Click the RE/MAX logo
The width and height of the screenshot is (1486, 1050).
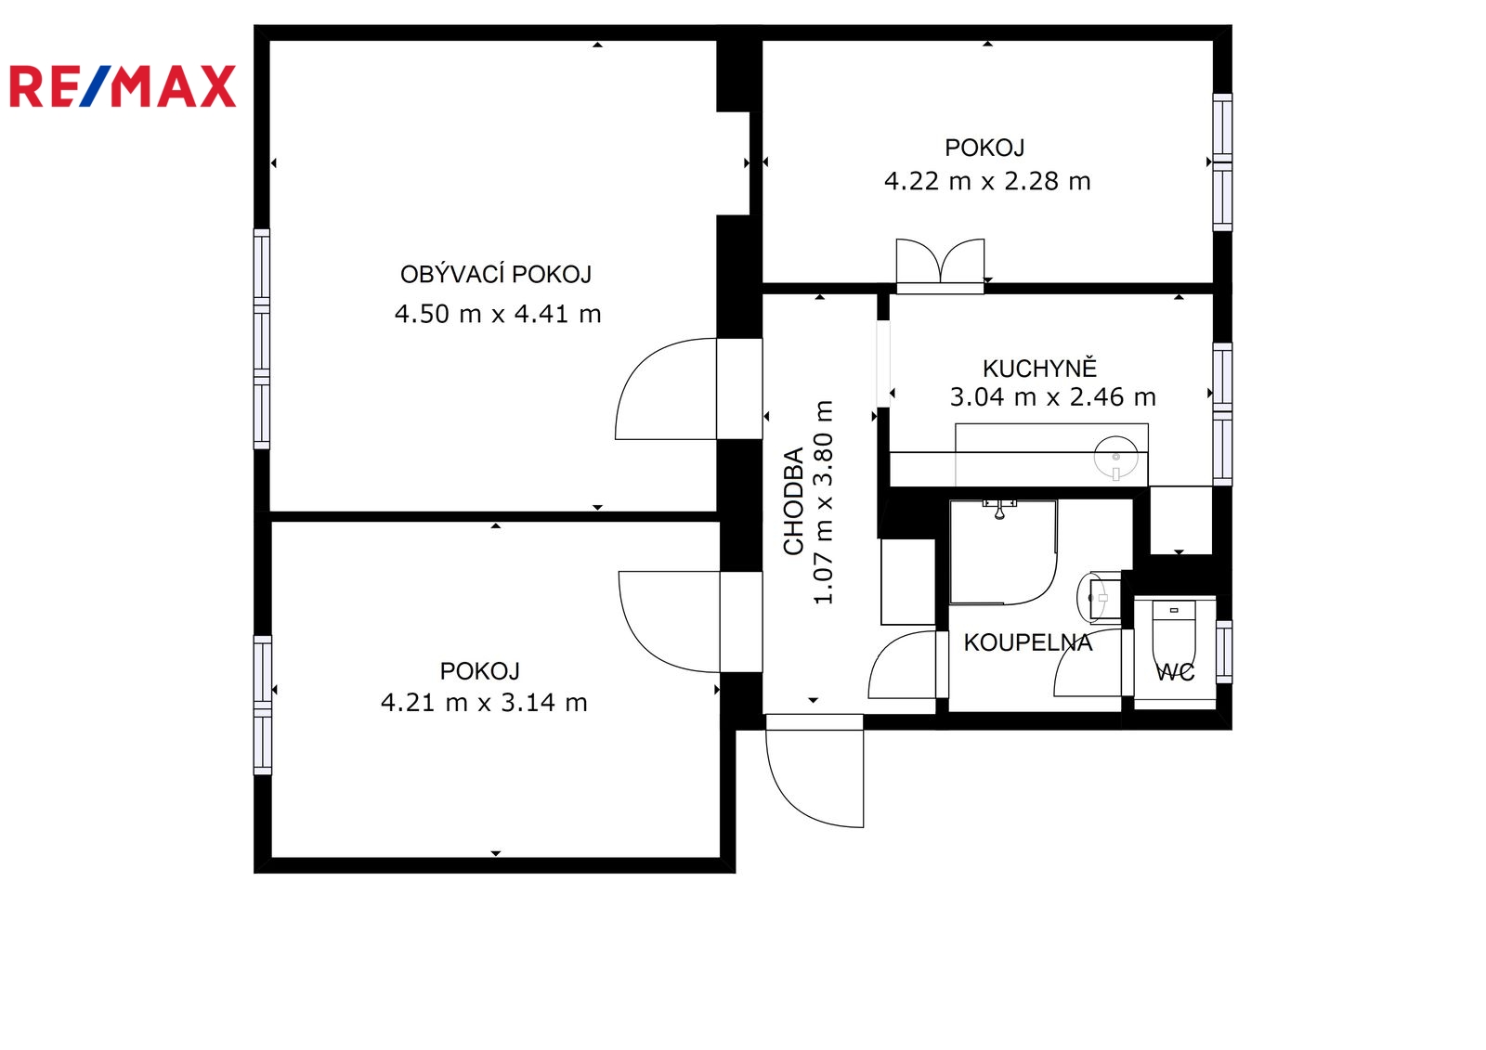(123, 86)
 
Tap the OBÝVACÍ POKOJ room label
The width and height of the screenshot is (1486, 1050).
(496, 274)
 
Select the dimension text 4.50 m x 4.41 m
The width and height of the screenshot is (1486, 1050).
(498, 314)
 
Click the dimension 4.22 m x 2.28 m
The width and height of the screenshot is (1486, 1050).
(987, 181)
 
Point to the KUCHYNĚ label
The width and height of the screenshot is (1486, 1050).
(1039, 368)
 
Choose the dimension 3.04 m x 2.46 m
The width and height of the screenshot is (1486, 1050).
(1053, 396)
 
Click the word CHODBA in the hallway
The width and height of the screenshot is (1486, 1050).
(793, 501)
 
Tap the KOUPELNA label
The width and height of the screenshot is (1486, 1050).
(1027, 642)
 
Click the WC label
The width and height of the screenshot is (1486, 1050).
(1175, 672)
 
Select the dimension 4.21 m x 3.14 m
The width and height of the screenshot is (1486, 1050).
(484, 703)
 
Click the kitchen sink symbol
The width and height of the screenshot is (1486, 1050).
(1115, 458)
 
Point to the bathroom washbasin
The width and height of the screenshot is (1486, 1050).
(1098, 598)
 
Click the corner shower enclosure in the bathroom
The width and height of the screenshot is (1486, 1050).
(1003, 552)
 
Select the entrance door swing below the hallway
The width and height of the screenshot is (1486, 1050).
(815, 771)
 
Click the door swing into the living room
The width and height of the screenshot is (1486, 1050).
(666, 389)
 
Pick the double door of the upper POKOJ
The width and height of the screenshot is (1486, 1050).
(940, 266)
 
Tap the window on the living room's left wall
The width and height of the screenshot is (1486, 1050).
(262, 339)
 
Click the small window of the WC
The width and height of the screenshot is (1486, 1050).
(1224, 652)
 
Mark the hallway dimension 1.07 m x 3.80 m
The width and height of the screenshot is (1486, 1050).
(823, 502)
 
